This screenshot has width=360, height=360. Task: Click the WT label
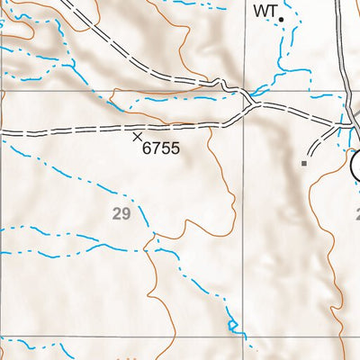[263, 12]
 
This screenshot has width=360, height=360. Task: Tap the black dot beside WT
[282, 18]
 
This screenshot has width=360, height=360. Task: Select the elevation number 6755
[162, 148]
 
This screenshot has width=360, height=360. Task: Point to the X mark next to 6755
[137, 137]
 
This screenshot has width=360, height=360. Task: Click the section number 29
[122, 213]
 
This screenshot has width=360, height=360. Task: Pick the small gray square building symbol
[304, 164]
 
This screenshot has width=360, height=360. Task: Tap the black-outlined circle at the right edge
[355, 165]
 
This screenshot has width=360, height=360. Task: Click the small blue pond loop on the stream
[232, 324]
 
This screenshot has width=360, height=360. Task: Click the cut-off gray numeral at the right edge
[356, 215]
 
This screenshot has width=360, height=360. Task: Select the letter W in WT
[259, 12]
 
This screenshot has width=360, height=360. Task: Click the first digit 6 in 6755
[148, 148]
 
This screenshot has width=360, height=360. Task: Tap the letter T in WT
[270, 12]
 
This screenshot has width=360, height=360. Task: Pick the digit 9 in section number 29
[127, 213]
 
